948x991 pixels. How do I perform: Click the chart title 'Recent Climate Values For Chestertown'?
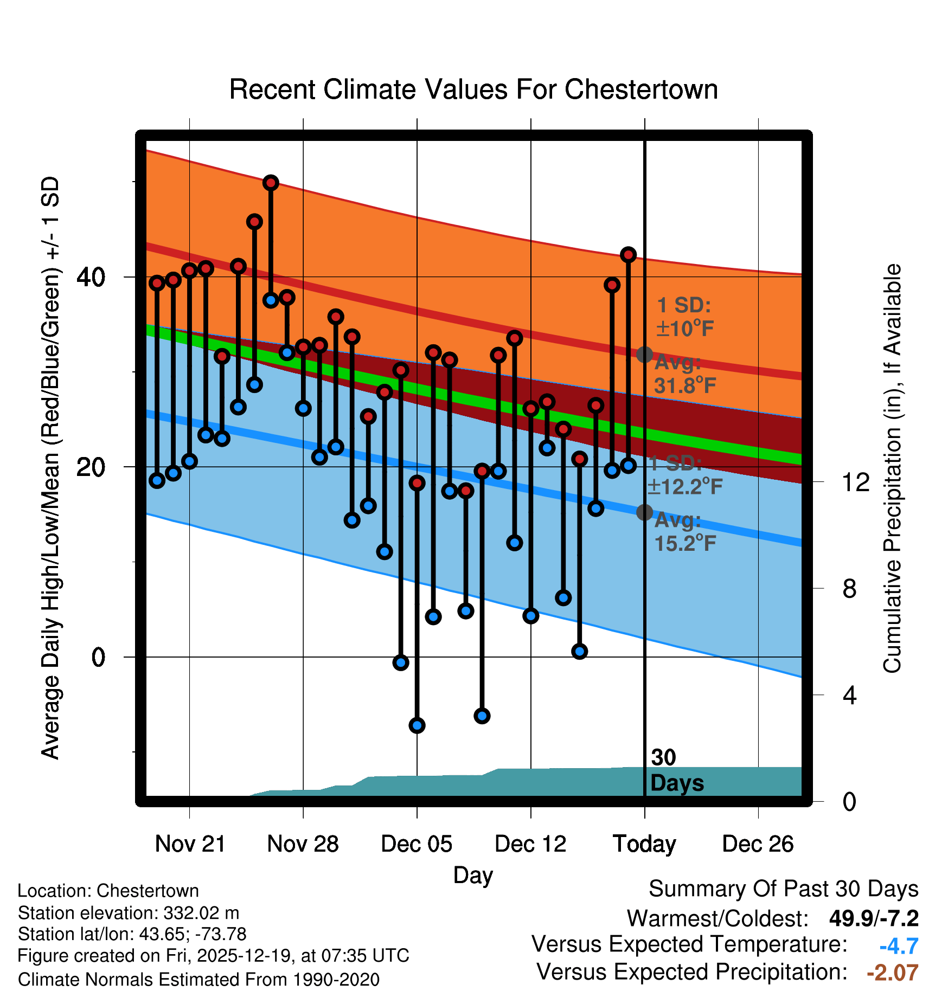473,89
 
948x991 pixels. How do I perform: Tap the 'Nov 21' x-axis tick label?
190,844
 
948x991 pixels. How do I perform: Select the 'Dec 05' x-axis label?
417,844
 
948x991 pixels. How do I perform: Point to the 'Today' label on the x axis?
644,844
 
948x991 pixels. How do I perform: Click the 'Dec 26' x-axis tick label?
758,844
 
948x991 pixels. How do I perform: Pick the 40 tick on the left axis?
91,277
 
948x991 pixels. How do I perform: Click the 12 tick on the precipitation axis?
856,482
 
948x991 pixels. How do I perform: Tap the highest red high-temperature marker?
271,183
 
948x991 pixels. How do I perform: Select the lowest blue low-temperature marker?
417,725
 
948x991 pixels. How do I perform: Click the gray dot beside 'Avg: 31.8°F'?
644,355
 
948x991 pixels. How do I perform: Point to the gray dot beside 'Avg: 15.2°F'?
644,512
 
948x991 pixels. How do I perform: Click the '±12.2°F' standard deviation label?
685,486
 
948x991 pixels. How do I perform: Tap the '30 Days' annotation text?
676,770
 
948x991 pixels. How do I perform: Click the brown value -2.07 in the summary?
893,973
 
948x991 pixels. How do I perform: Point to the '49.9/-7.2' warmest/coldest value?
874,918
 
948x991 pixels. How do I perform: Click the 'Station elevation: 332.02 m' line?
129,913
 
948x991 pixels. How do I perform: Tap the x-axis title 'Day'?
473,874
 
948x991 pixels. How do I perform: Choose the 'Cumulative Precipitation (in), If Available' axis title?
892,468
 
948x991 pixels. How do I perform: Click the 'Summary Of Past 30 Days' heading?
783,889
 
